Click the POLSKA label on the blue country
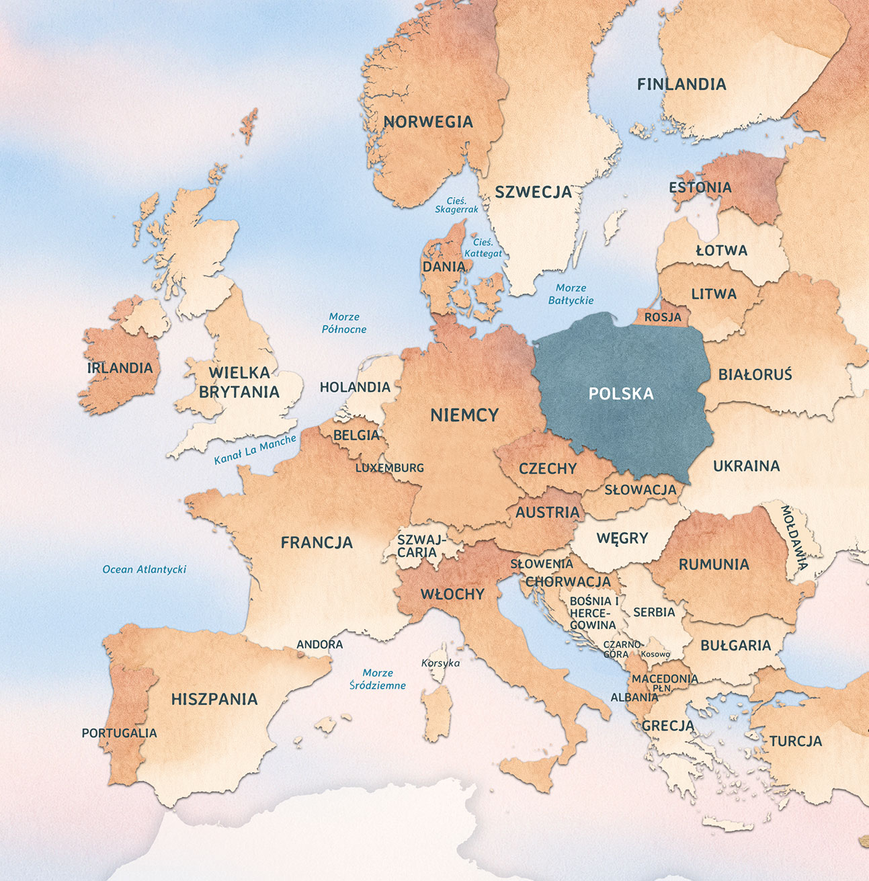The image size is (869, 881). pyautogui.click(x=620, y=394)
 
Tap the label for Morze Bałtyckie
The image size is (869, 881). pyautogui.click(x=571, y=294)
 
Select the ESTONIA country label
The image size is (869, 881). pyautogui.click(x=700, y=187)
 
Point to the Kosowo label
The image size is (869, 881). pyautogui.click(x=655, y=654)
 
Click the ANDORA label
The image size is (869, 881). pyautogui.click(x=320, y=644)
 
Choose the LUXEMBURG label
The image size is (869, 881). pyautogui.click(x=390, y=468)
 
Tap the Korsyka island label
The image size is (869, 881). pyautogui.click(x=441, y=663)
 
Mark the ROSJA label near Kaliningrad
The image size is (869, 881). pyautogui.click(x=663, y=317)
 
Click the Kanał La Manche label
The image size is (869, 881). pyautogui.click(x=255, y=450)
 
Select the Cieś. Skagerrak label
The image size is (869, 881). pyautogui.click(x=457, y=205)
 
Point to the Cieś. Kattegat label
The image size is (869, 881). pyautogui.click(x=483, y=248)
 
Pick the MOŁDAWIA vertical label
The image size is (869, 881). pyautogui.click(x=794, y=538)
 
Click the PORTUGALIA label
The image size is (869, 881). pyautogui.click(x=119, y=733)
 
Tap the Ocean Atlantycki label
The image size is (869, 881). pyautogui.click(x=144, y=569)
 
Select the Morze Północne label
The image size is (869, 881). pyautogui.click(x=344, y=323)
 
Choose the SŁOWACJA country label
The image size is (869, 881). pyautogui.click(x=640, y=490)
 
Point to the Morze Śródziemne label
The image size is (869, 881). pyautogui.click(x=378, y=679)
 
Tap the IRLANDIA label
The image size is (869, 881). pyautogui.click(x=120, y=368)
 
